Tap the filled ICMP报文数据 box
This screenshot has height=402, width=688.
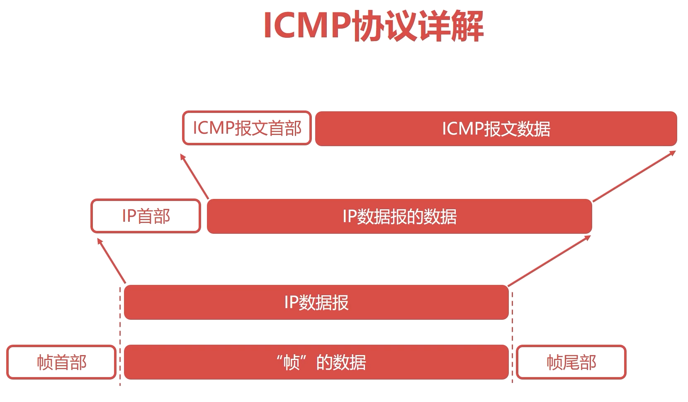496,129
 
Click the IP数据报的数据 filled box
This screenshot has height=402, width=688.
399,216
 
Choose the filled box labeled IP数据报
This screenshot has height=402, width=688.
316,302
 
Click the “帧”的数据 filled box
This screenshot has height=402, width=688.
316,362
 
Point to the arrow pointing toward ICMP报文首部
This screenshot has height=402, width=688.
194,176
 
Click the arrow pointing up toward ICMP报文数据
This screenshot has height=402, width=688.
634,176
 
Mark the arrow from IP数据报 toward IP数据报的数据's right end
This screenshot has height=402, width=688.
549,261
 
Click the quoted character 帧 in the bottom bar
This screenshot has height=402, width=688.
292,362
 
